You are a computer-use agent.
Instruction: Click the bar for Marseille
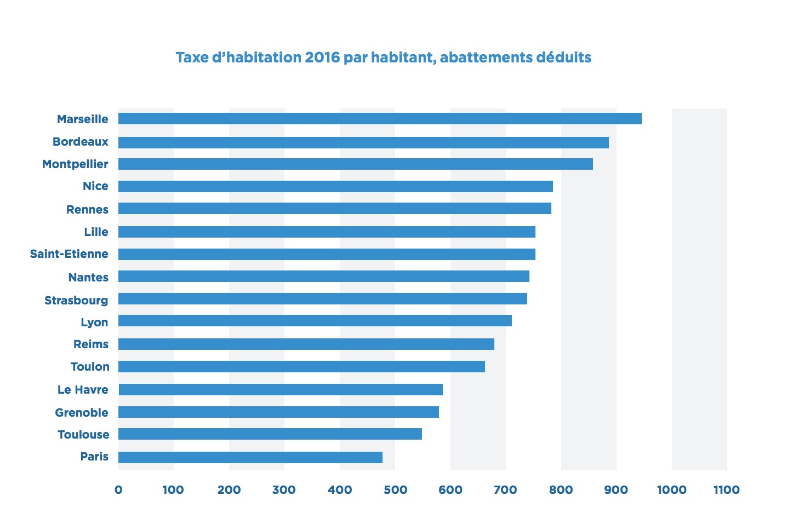tap(380, 119)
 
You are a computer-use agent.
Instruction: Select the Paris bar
tap(250, 457)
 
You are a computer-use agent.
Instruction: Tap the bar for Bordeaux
tap(363, 142)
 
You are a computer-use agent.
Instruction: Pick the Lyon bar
tap(315, 321)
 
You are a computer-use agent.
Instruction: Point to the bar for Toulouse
tap(270, 434)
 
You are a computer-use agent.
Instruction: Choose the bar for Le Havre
tap(281, 389)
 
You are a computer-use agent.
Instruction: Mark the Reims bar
tap(306, 344)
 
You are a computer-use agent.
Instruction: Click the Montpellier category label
tap(75, 164)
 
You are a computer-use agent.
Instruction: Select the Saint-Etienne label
tap(69, 254)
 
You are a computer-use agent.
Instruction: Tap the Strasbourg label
tap(76, 301)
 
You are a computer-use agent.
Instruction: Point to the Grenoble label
tap(82, 413)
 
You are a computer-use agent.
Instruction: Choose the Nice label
tap(95, 186)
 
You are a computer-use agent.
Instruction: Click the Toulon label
tap(90, 367)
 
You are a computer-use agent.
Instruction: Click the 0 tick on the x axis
tap(118, 490)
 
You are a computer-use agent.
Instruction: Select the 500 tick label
tap(395, 490)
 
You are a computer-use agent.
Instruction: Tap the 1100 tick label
tap(727, 490)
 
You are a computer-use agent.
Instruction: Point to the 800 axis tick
tap(561, 490)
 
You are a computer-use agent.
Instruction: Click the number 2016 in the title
tap(322, 57)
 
